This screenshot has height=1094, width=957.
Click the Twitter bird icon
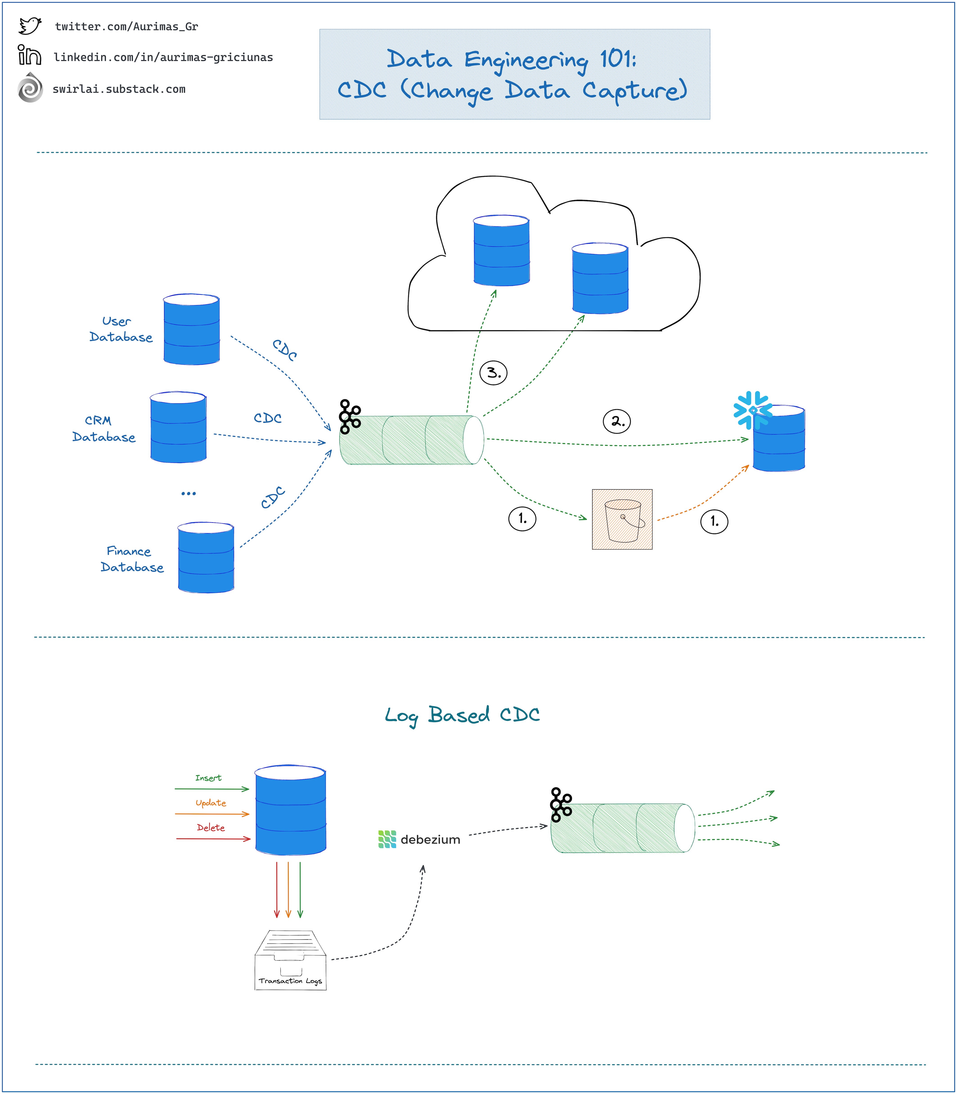tap(30, 26)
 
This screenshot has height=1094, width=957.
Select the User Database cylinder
tap(191, 329)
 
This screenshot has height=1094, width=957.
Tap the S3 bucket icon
tap(622, 519)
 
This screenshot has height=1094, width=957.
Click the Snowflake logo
tap(752, 410)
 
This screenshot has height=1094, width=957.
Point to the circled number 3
tap(493, 372)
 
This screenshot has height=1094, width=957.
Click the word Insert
tap(208, 778)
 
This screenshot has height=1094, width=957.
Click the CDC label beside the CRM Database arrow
tap(268, 418)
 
